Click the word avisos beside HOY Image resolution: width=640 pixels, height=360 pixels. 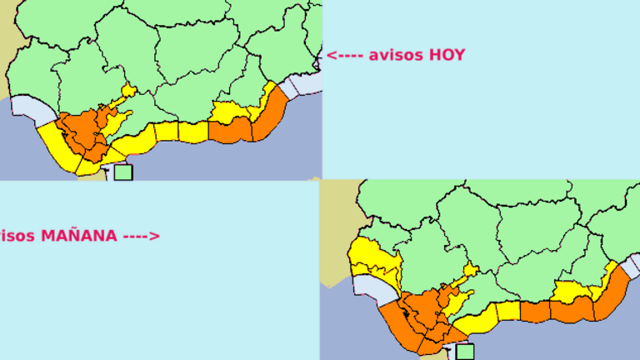tap(396, 55)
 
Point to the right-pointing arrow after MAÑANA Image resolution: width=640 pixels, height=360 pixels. tap(141, 236)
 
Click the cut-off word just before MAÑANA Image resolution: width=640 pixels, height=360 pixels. tap(17, 236)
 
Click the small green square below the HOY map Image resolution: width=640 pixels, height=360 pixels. tap(123, 172)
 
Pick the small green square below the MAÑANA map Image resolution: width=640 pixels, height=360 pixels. tap(464, 352)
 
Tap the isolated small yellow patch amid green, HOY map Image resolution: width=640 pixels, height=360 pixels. tap(128, 90)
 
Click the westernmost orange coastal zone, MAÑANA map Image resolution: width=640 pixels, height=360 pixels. tap(396, 321)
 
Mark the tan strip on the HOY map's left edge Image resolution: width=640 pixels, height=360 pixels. tap(7, 42)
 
